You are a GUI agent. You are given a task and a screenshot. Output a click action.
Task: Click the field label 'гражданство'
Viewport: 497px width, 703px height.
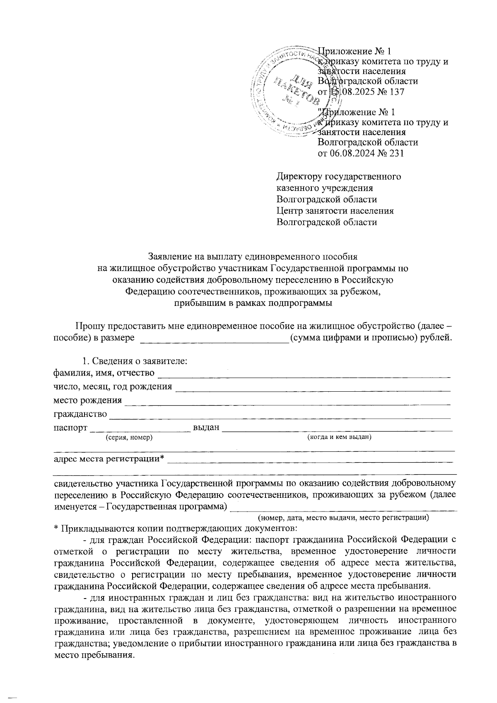pos(80,414)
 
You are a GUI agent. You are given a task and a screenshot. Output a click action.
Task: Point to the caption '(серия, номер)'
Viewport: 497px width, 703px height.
pos(129,437)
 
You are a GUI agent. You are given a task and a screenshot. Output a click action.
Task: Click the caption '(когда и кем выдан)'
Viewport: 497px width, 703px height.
pos(338,437)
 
